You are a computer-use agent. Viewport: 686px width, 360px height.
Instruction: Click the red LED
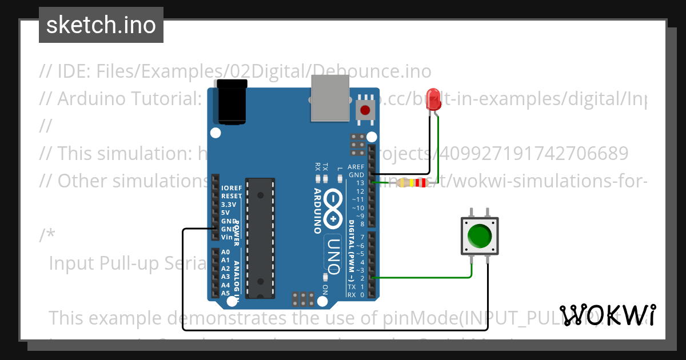click(x=434, y=99)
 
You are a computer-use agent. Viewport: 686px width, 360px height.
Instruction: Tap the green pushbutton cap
click(x=479, y=235)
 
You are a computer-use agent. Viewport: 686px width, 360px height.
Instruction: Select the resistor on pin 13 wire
click(x=412, y=183)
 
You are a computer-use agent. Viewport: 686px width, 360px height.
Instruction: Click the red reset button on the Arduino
click(x=364, y=110)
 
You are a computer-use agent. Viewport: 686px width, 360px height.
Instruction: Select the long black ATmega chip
click(x=260, y=237)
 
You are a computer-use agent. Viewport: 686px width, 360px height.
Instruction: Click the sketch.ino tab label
click(x=101, y=25)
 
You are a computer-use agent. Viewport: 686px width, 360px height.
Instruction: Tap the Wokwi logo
click(x=607, y=315)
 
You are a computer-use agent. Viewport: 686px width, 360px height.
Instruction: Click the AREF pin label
click(x=356, y=167)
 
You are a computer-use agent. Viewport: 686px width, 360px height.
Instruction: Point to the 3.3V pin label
click(x=229, y=204)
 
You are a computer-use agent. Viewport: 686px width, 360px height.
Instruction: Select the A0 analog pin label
click(x=225, y=252)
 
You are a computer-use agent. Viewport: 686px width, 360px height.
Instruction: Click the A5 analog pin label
click(x=225, y=293)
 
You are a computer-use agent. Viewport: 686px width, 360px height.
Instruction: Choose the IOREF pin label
click(x=232, y=187)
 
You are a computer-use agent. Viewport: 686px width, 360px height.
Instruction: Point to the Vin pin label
click(x=226, y=237)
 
